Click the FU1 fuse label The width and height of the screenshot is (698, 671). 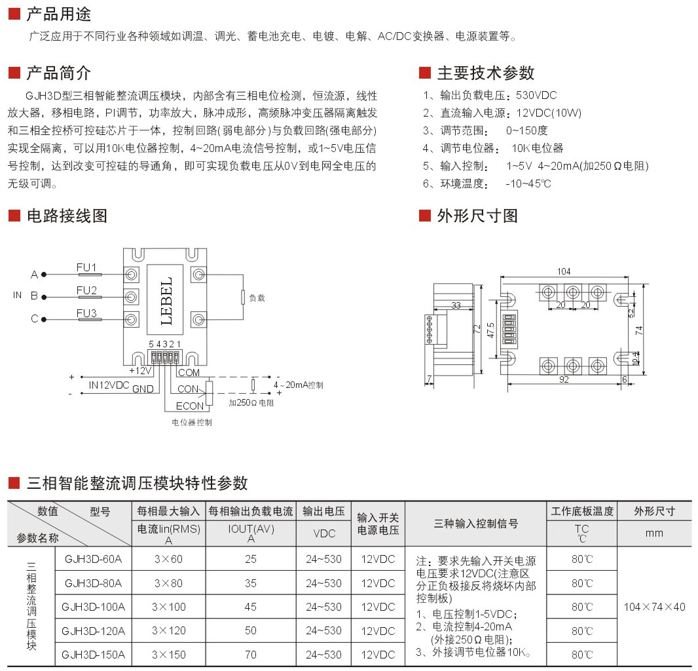[86, 267]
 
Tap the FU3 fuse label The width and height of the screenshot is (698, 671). [86, 313]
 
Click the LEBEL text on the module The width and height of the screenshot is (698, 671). [166, 301]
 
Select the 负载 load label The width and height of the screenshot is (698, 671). [257, 297]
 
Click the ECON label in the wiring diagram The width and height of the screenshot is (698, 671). [190, 406]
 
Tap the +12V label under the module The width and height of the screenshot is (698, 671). [140, 371]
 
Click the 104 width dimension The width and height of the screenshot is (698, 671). [564, 271]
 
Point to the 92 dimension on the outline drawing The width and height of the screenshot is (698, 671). [564, 379]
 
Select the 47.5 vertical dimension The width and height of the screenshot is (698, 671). [490, 330]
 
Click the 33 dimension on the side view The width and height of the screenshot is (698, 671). [456, 305]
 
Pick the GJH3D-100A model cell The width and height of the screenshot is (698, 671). [94, 607]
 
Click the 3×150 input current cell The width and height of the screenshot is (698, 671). [168, 655]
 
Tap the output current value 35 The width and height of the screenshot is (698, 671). [251, 583]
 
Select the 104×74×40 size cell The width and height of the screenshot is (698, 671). [654, 607]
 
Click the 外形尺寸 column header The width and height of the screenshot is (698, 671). [654, 511]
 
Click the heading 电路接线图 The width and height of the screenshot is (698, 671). [67, 216]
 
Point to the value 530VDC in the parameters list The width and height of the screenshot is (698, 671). [536, 96]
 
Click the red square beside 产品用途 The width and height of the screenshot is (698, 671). [14, 14]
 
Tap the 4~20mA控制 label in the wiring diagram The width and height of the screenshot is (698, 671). [298, 385]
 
